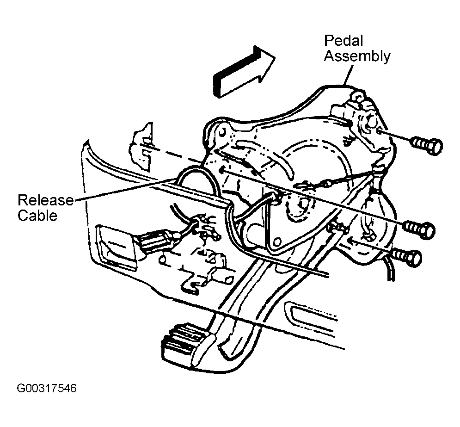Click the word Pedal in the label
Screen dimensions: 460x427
click(x=343, y=41)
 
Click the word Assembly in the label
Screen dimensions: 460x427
click(x=357, y=56)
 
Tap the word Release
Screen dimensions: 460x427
click(x=46, y=200)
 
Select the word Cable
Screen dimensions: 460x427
click(x=37, y=216)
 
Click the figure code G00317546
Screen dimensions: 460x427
click(x=47, y=388)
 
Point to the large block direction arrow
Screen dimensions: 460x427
click(x=244, y=71)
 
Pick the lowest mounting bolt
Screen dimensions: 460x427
click(x=407, y=258)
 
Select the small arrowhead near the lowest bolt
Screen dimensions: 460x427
click(x=352, y=241)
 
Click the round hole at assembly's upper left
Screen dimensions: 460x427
click(x=222, y=131)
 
